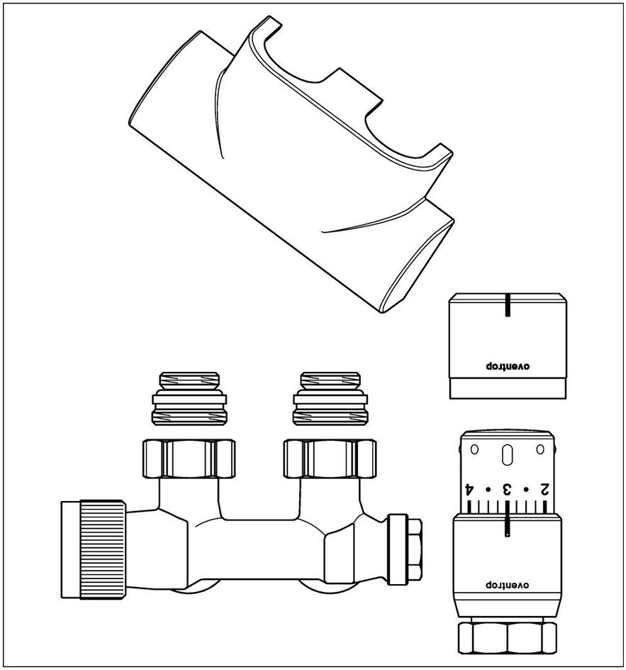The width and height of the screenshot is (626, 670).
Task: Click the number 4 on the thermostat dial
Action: tap(469, 489)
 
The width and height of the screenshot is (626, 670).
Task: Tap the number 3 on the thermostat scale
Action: tap(507, 489)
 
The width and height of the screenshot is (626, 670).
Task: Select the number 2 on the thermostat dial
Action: tap(544, 489)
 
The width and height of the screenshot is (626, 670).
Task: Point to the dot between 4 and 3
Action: tap(488, 490)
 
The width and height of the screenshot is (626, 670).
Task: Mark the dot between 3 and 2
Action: tap(525, 490)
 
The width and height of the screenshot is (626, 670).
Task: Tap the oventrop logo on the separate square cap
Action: tap(507, 366)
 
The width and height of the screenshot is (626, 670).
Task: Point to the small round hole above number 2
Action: tap(540, 449)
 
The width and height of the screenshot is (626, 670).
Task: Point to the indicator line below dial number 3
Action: tap(507, 525)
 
